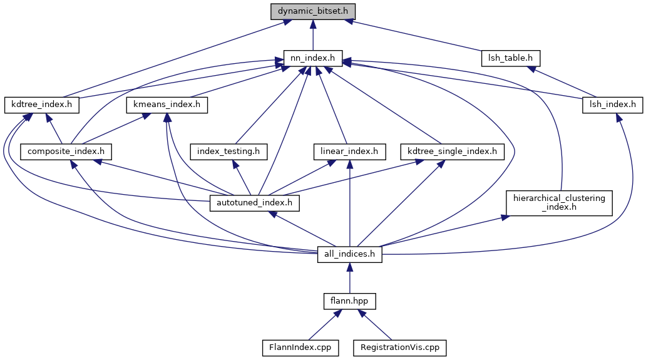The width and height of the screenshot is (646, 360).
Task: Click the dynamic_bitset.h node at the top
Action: [313, 11]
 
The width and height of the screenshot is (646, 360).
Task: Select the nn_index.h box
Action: [312, 58]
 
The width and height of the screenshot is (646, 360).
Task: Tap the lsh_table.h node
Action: [510, 58]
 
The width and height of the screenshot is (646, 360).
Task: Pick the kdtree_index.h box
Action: [42, 105]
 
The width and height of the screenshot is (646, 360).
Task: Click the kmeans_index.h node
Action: [167, 105]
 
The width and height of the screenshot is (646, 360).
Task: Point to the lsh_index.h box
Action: [612, 105]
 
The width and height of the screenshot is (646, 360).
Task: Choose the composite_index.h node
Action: [66, 151]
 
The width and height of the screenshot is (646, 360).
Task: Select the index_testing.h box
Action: [232, 151]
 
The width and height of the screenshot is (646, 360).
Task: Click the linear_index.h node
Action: [349, 151]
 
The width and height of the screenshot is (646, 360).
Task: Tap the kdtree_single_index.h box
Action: [451, 151]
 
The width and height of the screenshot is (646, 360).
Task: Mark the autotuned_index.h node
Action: [254, 203]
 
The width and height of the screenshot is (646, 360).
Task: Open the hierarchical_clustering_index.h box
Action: [559, 203]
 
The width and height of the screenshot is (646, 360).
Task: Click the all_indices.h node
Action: [349, 254]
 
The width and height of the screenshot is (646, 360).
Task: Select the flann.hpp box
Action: [349, 301]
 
